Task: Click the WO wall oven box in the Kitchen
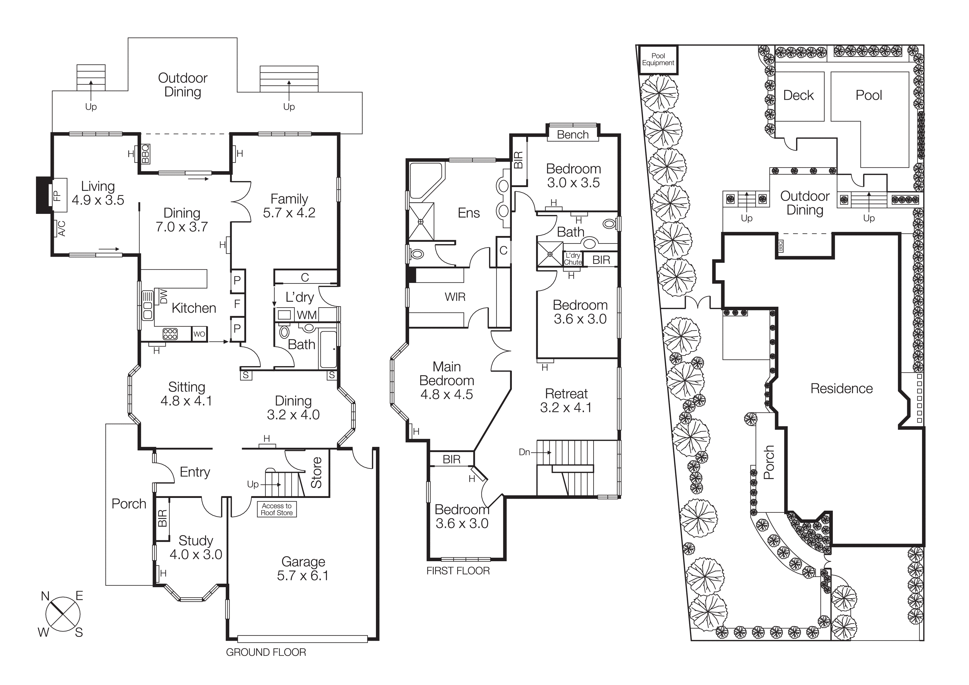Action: pyautogui.click(x=199, y=334)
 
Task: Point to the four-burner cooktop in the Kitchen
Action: pyautogui.click(x=170, y=334)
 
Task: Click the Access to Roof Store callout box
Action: pyautogui.click(x=277, y=509)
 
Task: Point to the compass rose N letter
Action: pyautogui.click(x=45, y=596)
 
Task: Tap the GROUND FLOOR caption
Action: pyautogui.click(x=266, y=652)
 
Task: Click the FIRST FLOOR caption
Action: pyautogui.click(x=458, y=571)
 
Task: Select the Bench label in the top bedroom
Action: pyautogui.click(x=572, y=135)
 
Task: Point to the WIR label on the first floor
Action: pyautogui.click(x=455, y=297)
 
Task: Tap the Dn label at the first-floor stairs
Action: pyautogui.click(x=524, y=452)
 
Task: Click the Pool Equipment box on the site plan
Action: pyautogui.click(x=658, y=59)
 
